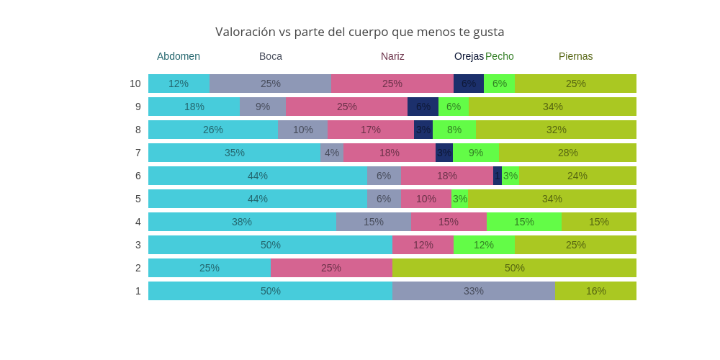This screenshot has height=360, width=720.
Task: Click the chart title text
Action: [x=359, y=32]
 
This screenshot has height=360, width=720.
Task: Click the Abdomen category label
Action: [x=179, y=56]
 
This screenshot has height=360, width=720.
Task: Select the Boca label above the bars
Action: [x=271, y=56]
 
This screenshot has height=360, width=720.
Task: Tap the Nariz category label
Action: [x=392, y=56]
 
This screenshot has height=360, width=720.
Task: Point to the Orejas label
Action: [x=469, y=56]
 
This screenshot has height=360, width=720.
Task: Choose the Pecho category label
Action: [x=500, y=56]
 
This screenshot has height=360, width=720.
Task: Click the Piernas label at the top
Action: [x=576, y=56]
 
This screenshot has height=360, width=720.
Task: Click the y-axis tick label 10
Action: [x=135, y=84]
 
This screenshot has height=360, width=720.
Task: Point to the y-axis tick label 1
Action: [x=138, y=291]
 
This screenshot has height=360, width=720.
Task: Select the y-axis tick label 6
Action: [x=138, y=176]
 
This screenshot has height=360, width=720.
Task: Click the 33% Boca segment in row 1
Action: [x=474, y=291]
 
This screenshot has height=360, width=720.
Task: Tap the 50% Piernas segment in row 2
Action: [x=514, y=268]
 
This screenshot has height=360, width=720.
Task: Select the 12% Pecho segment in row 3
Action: [x=484, y=245]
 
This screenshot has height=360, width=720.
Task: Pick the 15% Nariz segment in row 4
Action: [x=449, y=222]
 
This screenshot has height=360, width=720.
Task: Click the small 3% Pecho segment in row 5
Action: [x=459, y=199]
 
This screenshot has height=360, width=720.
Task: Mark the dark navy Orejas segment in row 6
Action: [x=498, y=176]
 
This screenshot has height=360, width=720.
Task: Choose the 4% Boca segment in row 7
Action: [x=332, y=153]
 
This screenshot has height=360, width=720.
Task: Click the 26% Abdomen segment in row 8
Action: [x=213, y=130]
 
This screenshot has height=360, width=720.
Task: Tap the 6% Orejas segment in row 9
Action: [x=423, y=107]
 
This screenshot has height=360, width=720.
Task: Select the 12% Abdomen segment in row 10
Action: [x=179, y=84]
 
